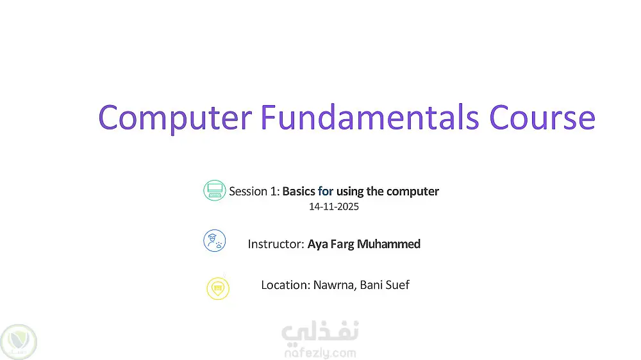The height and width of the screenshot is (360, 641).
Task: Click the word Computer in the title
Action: click(x=175, y=118)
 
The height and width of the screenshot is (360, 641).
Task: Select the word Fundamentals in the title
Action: click(x=370, y=117)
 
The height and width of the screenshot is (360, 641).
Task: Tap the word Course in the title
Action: click(x=542, y=118)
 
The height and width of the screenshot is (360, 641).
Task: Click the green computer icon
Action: click(x=215, y=190)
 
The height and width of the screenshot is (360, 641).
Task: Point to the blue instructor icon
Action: click(x=215, y=241)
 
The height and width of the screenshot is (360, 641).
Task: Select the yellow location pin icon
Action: click(x=218, y=288)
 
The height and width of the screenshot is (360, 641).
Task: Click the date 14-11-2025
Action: click(x=333, y=207)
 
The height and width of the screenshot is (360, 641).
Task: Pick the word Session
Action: click(x=248, y=192)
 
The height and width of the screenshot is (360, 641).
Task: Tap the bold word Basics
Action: click(x=299, y=192)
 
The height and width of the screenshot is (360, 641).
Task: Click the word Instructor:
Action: click(x=276, y=244)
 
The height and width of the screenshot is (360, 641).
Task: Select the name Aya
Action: click(x=317, y=244)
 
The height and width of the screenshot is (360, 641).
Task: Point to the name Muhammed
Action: click(x=388, y=244)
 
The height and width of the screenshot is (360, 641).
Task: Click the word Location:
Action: click(x=286, y=285)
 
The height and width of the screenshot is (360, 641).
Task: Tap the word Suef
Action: click(x=397, y=285)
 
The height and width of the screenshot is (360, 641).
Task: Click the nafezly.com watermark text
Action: click(x=320, y=353)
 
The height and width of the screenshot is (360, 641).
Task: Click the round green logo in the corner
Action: click(x=19, y=342)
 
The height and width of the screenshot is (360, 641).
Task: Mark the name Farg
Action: click(x=342, y=244)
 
